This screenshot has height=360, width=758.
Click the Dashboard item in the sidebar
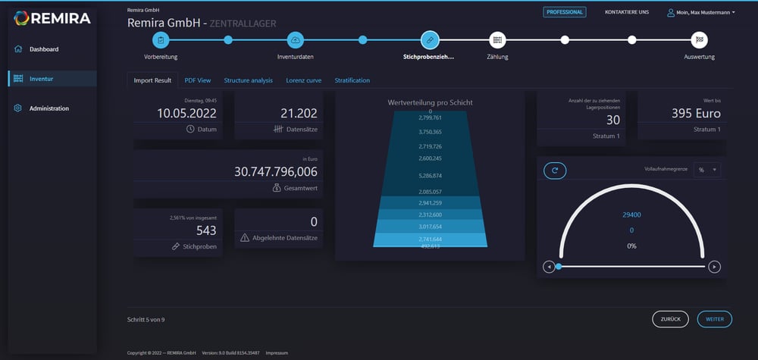pos(43,49)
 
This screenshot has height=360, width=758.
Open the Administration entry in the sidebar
pos(49,108)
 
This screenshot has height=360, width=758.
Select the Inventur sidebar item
pos(41,79)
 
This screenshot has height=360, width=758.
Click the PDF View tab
pos(198,80)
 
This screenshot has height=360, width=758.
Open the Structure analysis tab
pos(248,80)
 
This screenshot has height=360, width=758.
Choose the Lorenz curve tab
pos(303,80)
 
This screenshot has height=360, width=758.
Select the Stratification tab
pos(352,80)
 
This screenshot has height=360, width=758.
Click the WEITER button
pos(714,319)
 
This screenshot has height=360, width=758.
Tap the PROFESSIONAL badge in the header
pos(564,12)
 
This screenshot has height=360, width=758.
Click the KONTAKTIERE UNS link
pos(626,12)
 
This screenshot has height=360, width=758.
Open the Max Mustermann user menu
pos(700,13)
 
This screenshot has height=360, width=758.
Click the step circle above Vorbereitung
pos(161,39)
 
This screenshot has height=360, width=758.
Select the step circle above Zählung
pos(497,39)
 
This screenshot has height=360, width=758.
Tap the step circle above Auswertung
pos(700,39)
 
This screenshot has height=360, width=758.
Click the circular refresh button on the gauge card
pos(555,171)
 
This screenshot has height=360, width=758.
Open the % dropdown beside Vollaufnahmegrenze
pos(708,170)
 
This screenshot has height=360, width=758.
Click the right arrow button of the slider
pos(714,267)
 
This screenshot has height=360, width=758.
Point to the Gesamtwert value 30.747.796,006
pos(276,172)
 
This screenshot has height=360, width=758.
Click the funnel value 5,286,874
pos(430,176)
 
